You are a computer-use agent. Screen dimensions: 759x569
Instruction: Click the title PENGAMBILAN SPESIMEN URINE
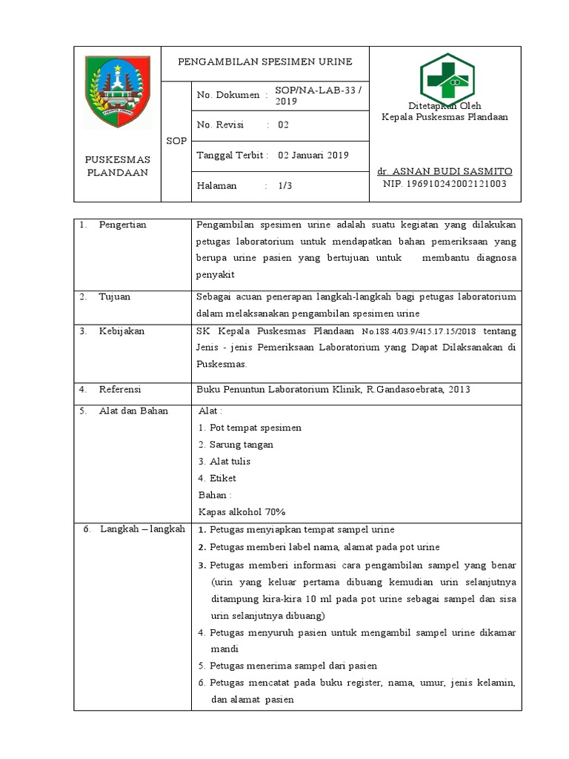(265, 61)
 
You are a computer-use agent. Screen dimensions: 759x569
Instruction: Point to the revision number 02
(283, 125)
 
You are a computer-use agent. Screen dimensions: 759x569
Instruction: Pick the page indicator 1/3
(285, 186)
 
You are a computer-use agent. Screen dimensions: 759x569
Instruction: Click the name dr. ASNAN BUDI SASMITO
(445, 171)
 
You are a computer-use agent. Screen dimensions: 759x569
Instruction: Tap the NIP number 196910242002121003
(445, 184)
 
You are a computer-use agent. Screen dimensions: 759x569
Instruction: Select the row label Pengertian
(122, 225)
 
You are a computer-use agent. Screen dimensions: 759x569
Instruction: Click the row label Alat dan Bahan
(133, 411)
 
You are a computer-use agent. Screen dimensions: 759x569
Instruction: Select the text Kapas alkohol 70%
(242, 511)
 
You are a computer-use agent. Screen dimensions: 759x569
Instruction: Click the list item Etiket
(222, 478)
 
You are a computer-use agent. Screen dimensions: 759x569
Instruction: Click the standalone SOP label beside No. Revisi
(176, 140)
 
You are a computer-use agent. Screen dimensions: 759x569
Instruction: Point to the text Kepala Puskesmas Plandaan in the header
(445, 118)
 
